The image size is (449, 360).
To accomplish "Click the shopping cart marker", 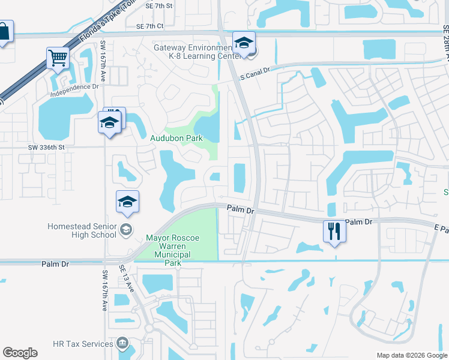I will (58, 59).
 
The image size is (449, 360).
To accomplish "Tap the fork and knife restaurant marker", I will (334, 231).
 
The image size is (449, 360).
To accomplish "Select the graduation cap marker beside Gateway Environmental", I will (244, 43).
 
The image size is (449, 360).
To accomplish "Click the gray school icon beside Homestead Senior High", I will (126, 229).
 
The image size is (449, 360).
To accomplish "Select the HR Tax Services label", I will (83, 344).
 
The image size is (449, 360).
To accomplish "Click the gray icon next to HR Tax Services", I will (122, 344).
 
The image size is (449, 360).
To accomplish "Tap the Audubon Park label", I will (176, 138).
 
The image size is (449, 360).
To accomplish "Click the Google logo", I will (20, 353).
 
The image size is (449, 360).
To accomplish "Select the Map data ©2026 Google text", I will (411, 355).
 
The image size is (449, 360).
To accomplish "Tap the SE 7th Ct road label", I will (149, 26).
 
